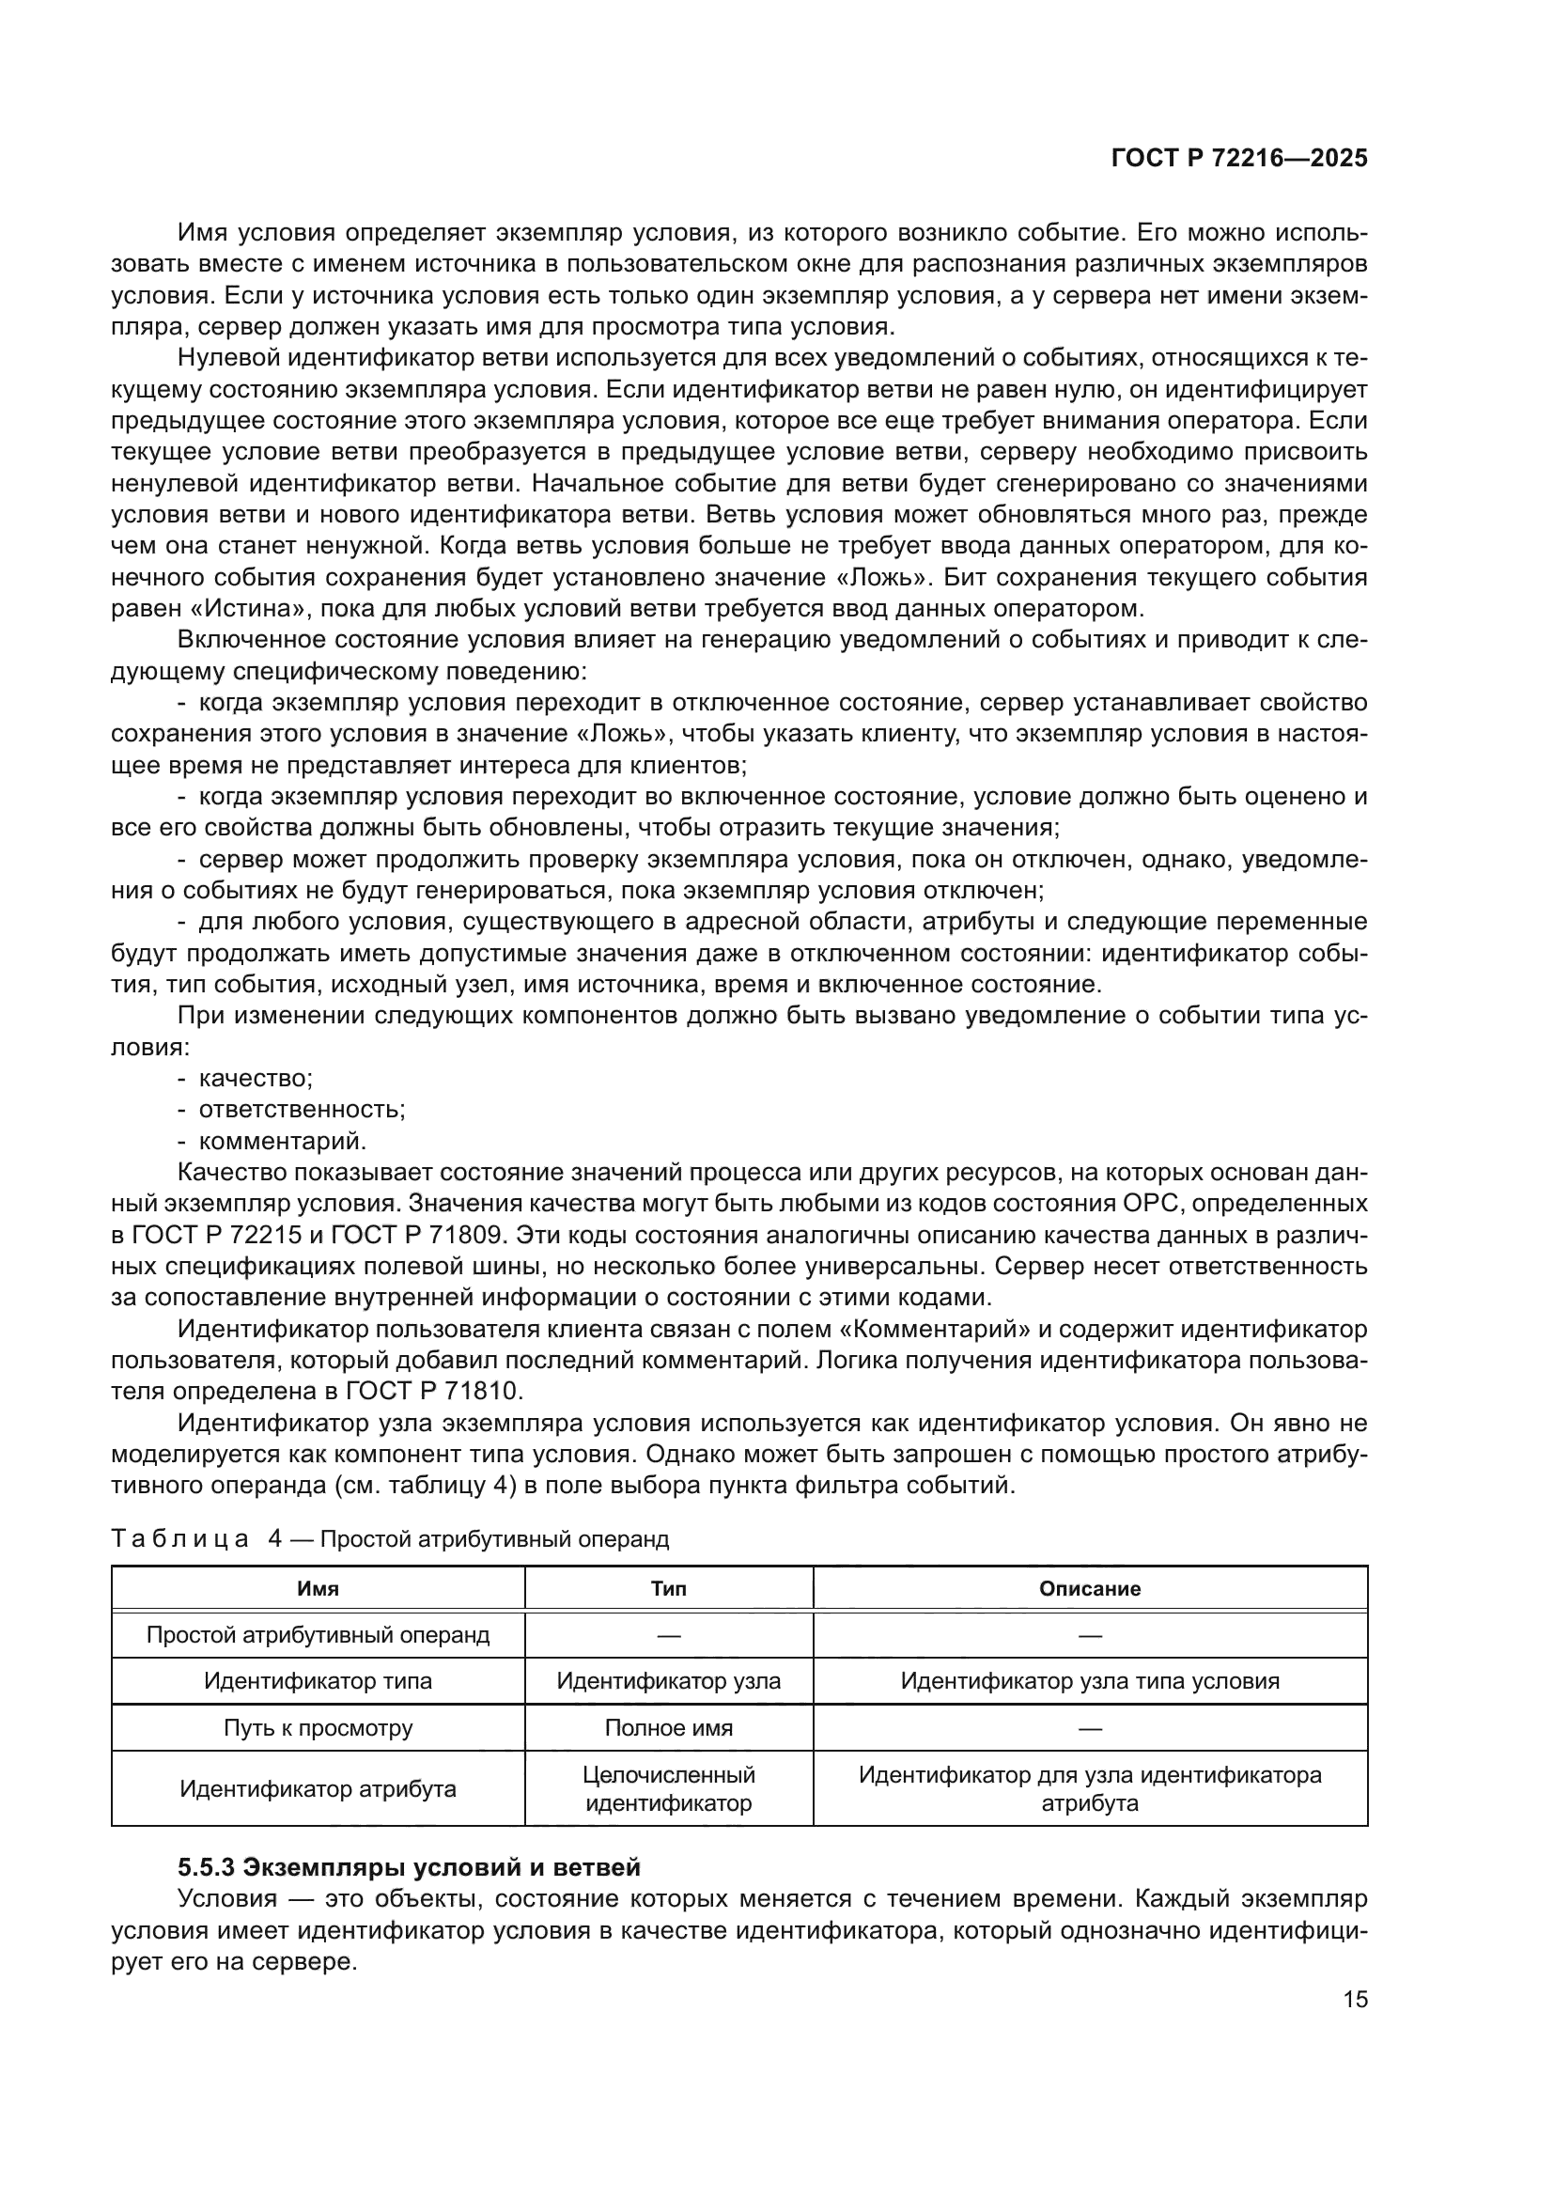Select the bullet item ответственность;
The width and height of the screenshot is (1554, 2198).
pos(302,1110)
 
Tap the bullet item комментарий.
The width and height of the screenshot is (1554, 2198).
pos(282,1141)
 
